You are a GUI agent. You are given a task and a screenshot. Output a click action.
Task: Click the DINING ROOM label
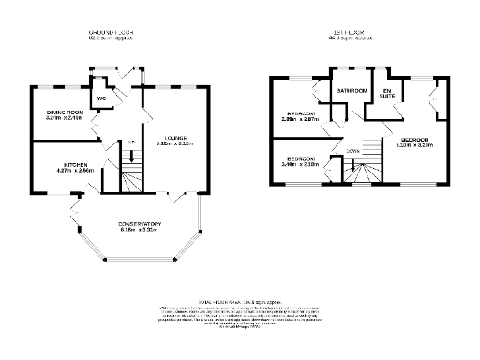coord(65,113)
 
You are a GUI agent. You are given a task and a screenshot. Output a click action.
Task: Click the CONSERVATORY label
coord(140,223)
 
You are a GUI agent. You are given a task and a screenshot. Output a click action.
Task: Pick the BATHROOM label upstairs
coord(352,90)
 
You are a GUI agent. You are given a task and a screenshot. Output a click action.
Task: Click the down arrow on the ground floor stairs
coord(132,156)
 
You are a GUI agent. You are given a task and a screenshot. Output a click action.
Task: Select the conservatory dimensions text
coord(140,230)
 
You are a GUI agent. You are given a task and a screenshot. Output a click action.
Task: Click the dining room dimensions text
coord(65,119)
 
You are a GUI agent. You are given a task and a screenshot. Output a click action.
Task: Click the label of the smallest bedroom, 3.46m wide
coord(301,157)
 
